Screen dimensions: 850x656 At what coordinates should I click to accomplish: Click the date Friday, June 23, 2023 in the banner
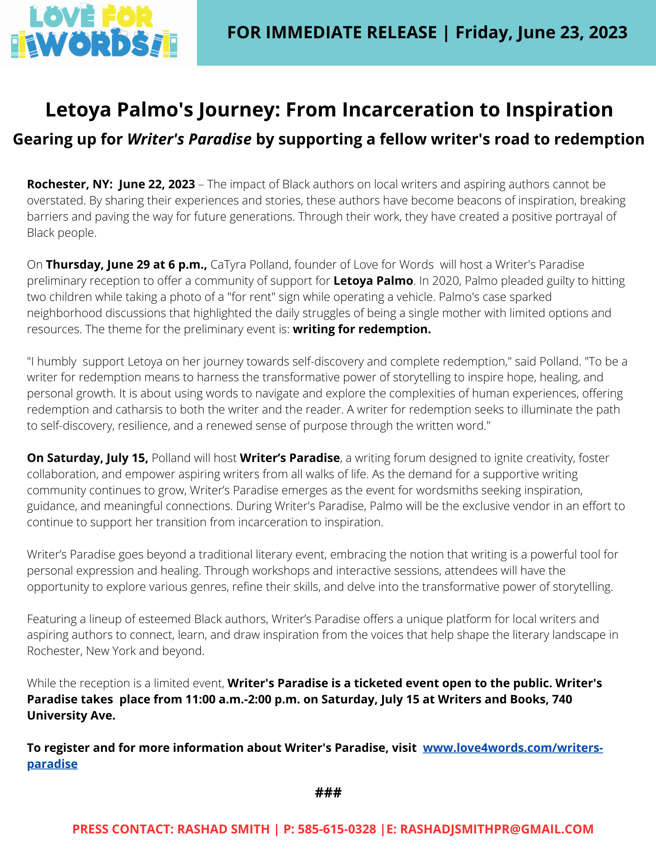click(x=541, y=32)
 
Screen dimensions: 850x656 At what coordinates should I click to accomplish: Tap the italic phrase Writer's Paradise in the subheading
click(x=189, y=139)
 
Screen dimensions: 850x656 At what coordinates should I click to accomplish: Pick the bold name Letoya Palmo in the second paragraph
click(x=373, y=280)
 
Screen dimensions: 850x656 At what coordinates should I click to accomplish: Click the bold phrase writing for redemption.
click(x=362, y=329)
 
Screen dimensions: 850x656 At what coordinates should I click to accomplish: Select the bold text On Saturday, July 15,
click(x=87, y=458)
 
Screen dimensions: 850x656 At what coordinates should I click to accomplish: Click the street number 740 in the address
click(x=562, y=699)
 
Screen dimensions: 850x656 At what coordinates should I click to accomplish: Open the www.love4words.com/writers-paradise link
click(x=512, y=748)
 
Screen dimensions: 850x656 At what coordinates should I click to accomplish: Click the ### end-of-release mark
click(x=328, y=792)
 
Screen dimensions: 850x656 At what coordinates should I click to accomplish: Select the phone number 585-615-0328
click(x=337, y=829)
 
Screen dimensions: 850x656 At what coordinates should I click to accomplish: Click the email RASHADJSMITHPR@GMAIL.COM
click(x=497, y=829)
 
